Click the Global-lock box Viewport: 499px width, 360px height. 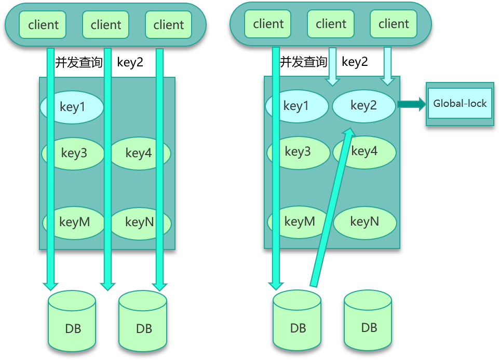460,103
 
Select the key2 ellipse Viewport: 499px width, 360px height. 363,106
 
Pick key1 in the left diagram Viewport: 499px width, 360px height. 72,107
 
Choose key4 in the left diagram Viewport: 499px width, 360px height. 139,153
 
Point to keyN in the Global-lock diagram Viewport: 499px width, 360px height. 365,222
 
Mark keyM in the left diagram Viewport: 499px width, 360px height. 74,222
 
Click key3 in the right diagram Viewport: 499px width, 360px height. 298,152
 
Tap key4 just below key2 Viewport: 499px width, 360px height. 365,151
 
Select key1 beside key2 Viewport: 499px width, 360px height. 296,106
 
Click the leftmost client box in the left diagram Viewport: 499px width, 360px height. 43,24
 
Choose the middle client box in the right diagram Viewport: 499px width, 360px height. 331,24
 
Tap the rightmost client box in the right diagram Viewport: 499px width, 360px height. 394,24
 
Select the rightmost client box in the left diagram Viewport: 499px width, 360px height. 168,24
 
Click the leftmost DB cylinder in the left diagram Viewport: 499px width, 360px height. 72,322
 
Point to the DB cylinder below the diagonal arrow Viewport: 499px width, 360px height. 298,322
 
